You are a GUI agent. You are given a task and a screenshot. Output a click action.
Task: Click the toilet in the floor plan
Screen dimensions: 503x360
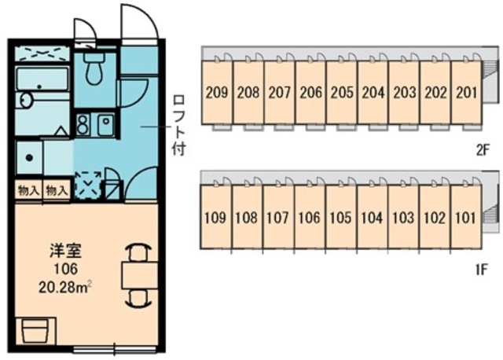point(94,68)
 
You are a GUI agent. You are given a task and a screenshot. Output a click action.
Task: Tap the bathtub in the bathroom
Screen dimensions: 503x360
point(42,79)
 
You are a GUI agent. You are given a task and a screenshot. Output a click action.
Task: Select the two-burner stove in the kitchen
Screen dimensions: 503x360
point(83,124)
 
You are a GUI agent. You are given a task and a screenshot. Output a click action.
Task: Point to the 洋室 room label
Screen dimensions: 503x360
point(65,251)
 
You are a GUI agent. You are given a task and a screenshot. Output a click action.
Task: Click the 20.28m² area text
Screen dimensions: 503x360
point(65,287)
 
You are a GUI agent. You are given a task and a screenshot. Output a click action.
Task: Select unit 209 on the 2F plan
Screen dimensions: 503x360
point(217,93)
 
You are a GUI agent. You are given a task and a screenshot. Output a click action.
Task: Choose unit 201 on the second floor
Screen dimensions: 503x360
point(467,93)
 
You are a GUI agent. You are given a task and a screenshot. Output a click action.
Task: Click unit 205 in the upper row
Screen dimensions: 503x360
point(342,93)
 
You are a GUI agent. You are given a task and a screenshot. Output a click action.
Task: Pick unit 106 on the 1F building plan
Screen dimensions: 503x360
point(309,219)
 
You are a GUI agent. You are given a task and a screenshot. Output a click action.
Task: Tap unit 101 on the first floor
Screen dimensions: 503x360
point(466,219)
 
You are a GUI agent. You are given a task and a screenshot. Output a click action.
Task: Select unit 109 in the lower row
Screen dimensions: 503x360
point(215,219)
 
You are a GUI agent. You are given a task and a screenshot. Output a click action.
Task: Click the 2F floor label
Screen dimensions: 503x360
point(483,150)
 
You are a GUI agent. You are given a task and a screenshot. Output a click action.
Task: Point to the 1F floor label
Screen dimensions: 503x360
point(482,270)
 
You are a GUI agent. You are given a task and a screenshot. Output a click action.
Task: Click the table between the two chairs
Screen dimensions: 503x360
point(140,276)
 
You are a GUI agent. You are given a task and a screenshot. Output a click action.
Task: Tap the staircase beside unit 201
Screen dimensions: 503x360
point(490,68)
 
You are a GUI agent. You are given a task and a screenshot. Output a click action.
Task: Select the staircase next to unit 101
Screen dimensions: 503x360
point(490,214)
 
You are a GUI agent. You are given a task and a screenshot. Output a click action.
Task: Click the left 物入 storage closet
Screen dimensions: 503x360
point(28,191)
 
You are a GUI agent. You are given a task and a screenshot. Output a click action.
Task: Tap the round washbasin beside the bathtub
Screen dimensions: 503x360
point(25,100)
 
